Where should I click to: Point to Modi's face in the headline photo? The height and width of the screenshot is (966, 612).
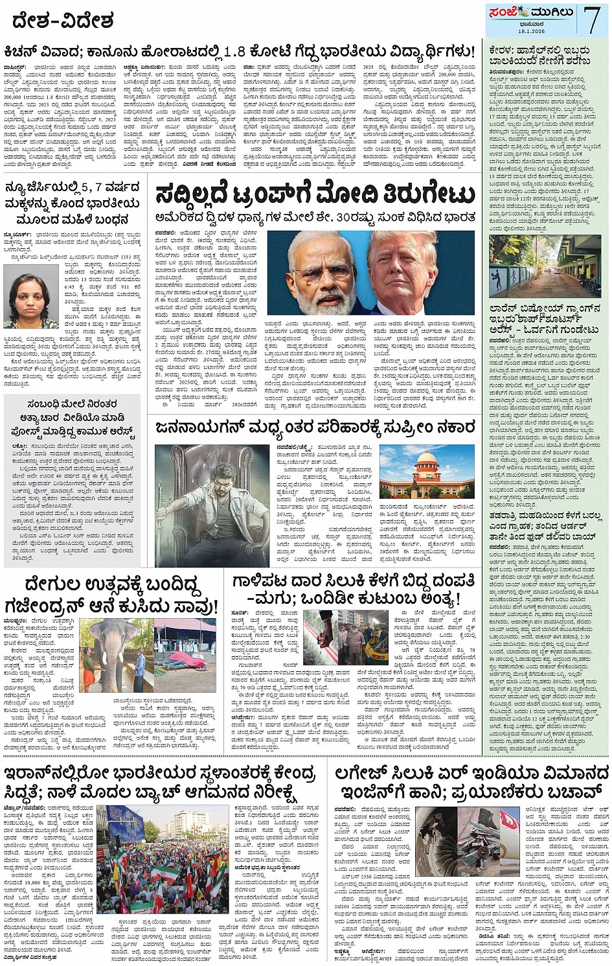tap(322, 272)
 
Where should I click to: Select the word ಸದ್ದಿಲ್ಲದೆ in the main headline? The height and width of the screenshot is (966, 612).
tap(201, 194)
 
